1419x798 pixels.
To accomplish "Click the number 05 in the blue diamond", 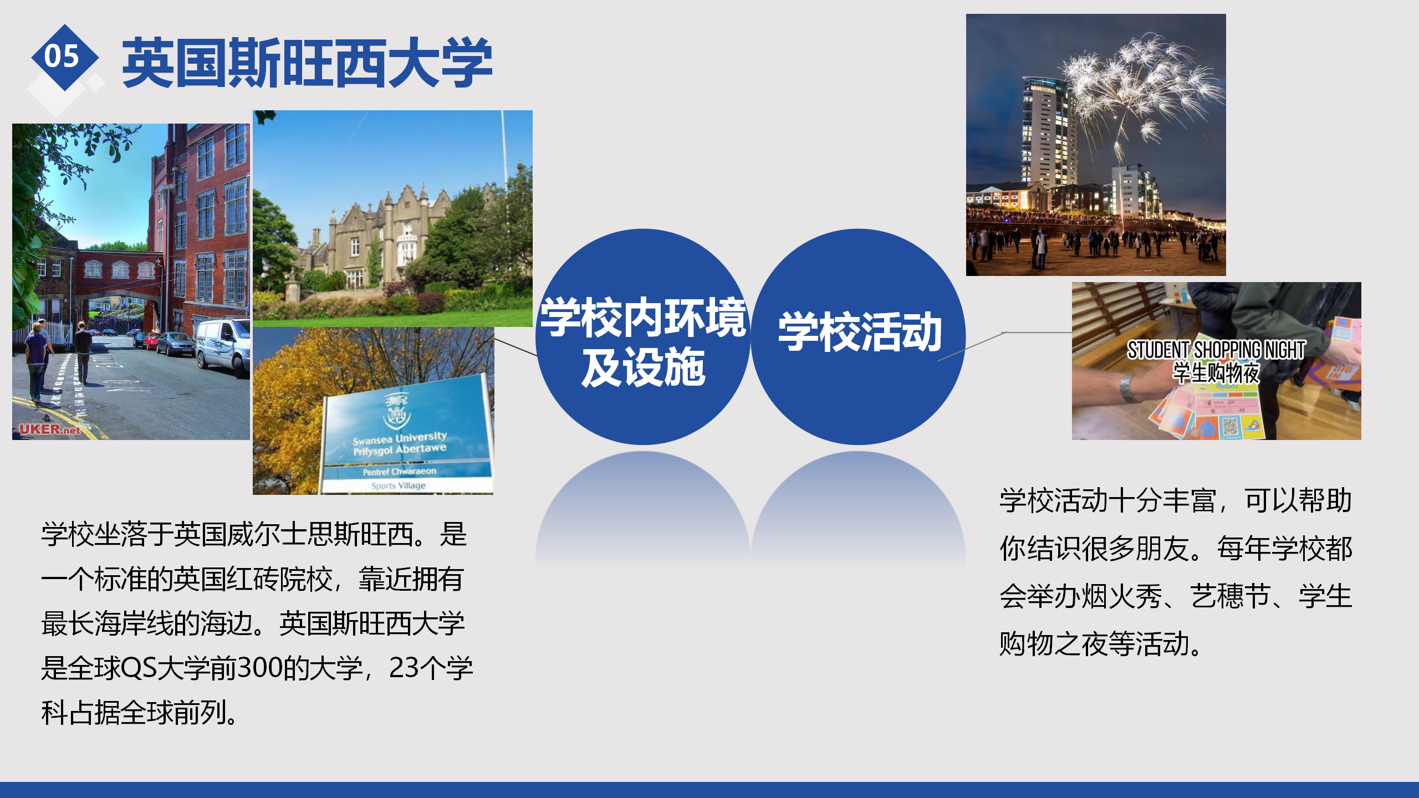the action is point(62,57).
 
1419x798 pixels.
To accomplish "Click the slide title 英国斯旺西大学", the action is point(307,63).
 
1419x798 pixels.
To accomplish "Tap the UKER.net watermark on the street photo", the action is point(50,429).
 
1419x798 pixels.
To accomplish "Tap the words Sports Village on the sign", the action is point(399,485).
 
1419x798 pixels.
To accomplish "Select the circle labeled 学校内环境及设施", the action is point(643,336).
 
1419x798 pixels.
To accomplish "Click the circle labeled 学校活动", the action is point(858,336).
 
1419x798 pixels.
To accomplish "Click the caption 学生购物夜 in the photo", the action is point(1216,373).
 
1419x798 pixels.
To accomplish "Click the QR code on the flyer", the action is point(1230,426).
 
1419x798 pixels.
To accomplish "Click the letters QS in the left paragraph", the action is point(139,668).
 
